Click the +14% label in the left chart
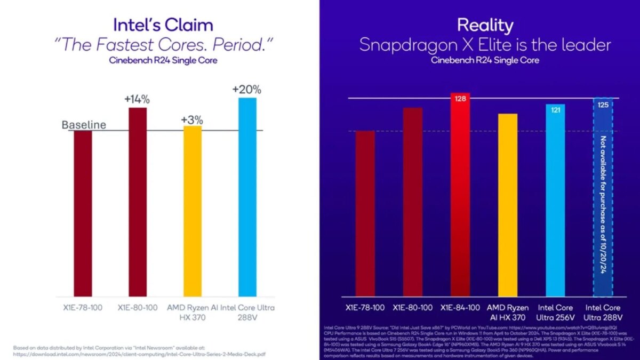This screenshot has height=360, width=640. tap(137, 100)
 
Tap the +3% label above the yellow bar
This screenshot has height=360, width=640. tap(192, 119)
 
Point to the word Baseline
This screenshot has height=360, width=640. tap(84, 125)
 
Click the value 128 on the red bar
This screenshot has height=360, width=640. tap(460, 98)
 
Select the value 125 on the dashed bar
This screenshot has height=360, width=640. tap(603, 105)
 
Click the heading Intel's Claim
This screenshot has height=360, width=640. tap(163, 25)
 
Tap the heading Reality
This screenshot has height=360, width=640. tap(485, 25)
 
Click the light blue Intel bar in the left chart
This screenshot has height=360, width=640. tap(247, 197)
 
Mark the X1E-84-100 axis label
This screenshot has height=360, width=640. tap(460, 308)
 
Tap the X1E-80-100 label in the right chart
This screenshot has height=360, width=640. tap(412, 308)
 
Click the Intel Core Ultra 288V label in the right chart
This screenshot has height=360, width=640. tap(603, 312)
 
